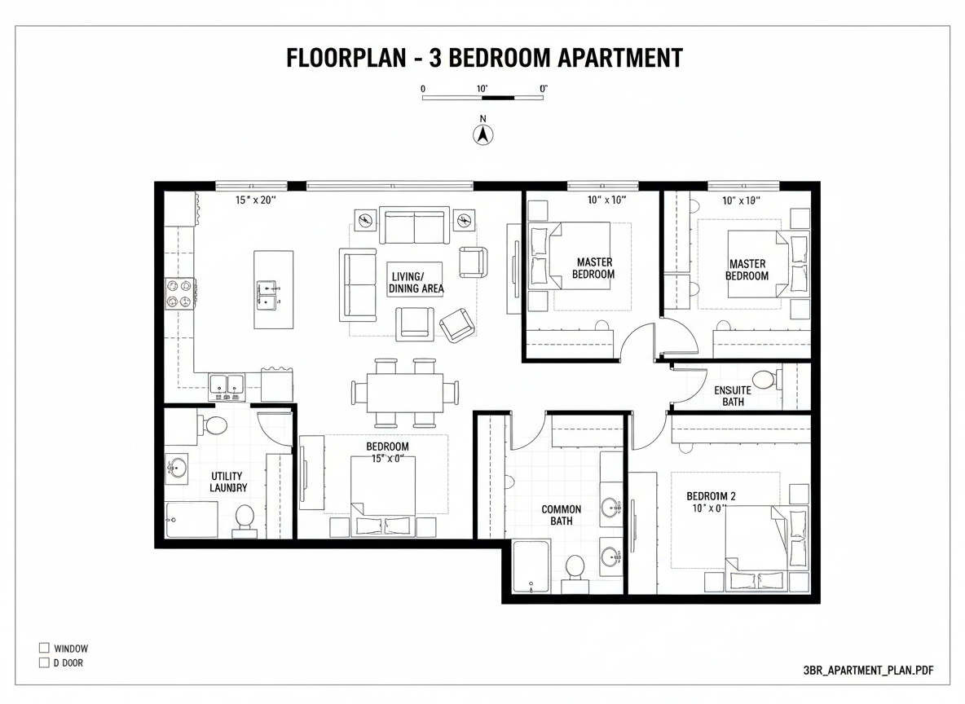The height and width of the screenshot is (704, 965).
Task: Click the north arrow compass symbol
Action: click(482, 135)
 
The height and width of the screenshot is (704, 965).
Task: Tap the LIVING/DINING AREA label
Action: click(416, 283)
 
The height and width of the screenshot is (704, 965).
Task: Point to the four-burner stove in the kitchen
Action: click(181, 293)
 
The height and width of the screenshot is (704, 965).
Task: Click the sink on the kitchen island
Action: click(267, 294)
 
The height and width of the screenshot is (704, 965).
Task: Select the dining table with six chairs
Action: click(404, 393)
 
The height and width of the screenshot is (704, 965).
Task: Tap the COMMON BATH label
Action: click(562, 515)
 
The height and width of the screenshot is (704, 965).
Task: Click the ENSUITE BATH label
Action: click(732, 395)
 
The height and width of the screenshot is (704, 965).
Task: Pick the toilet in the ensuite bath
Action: click(765, 379)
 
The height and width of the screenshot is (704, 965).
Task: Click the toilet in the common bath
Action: click(575, 566)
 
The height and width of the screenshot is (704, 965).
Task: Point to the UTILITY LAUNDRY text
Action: click(227, 482)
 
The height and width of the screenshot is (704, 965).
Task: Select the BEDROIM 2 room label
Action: click(711, 495)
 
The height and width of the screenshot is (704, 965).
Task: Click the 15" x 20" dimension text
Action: click(256, 200)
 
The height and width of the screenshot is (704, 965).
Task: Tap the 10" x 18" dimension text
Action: click(741, 200)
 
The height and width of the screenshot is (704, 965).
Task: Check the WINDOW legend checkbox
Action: click(44, 649)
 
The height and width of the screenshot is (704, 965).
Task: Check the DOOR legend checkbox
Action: click(44, 663)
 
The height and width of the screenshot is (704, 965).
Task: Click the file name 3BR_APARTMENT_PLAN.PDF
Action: click(868, 671)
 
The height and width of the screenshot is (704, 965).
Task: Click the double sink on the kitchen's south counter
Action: click(227, 385)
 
